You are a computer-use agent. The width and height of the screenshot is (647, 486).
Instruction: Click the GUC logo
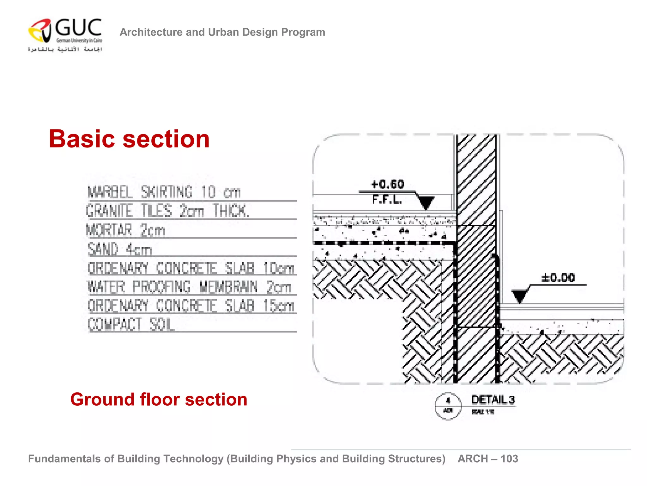coord(65,34)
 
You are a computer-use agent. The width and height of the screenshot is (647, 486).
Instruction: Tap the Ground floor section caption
coord(159,399)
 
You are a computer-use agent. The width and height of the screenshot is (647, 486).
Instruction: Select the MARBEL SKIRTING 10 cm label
coord(164,192)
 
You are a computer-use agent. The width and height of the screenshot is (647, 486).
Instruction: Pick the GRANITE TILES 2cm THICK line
coord(167,211)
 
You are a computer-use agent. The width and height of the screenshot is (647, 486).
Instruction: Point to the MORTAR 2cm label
coord(126,230)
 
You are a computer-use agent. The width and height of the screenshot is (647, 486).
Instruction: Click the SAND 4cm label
coord(120,249)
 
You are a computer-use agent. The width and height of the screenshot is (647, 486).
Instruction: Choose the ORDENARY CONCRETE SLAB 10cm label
coord(191,268)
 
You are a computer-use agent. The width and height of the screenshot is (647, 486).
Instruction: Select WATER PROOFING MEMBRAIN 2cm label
coord(189,287)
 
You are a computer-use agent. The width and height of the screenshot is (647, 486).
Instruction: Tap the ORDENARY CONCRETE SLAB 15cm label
coord(191,306)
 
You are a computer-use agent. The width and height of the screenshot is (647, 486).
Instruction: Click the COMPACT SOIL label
coord(131,325)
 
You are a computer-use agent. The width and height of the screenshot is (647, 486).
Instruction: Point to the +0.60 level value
coord(387,184)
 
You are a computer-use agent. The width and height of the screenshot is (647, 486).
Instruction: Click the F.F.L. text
coord(387,199)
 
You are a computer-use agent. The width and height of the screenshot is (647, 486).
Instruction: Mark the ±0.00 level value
coord(558,278)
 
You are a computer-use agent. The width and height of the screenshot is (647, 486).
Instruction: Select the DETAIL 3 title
coord(493,400)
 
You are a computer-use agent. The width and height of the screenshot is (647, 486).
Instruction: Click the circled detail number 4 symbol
coord(448,406)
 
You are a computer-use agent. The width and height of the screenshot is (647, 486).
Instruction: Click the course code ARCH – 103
coord(488,458)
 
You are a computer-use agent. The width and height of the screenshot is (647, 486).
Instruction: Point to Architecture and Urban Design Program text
coord(222,32)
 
